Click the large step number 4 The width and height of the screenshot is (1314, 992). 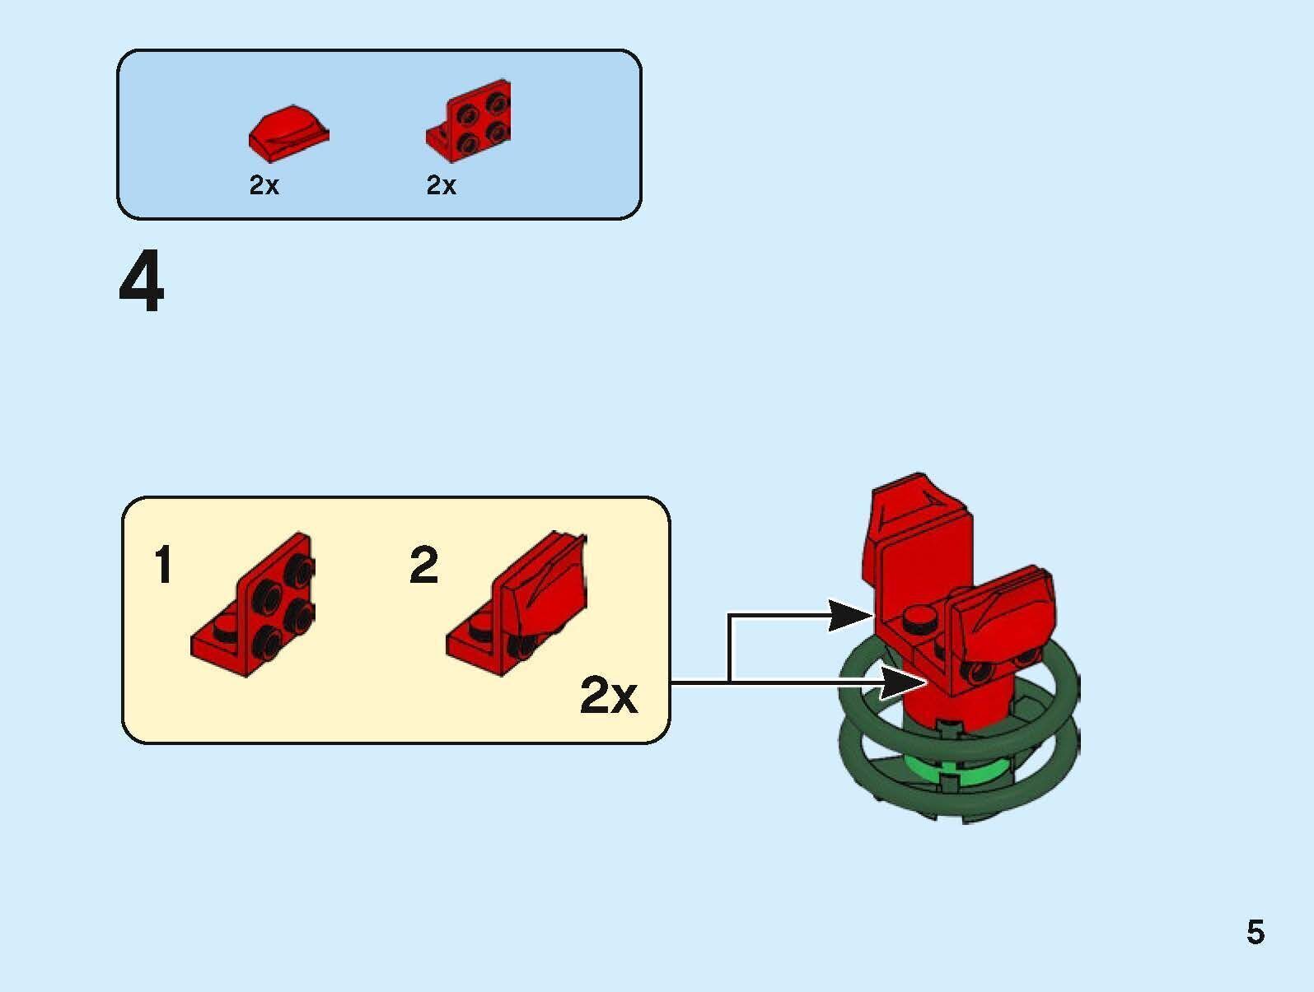pos(142,283)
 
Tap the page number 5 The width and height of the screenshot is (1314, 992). pos(1255,933)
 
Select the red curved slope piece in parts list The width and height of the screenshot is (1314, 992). pos(288,132)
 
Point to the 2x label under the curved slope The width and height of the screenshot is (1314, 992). pos(264,185)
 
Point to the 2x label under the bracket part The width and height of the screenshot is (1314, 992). pos(441,185)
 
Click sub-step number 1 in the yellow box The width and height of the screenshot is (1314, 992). pos(164,565)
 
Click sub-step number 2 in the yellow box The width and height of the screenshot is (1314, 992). pos(423,565)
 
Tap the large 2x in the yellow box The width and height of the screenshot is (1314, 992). pos(609,696)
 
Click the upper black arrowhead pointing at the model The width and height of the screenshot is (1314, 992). pos(849,615)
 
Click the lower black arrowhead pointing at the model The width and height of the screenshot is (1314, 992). pos(902,682)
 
